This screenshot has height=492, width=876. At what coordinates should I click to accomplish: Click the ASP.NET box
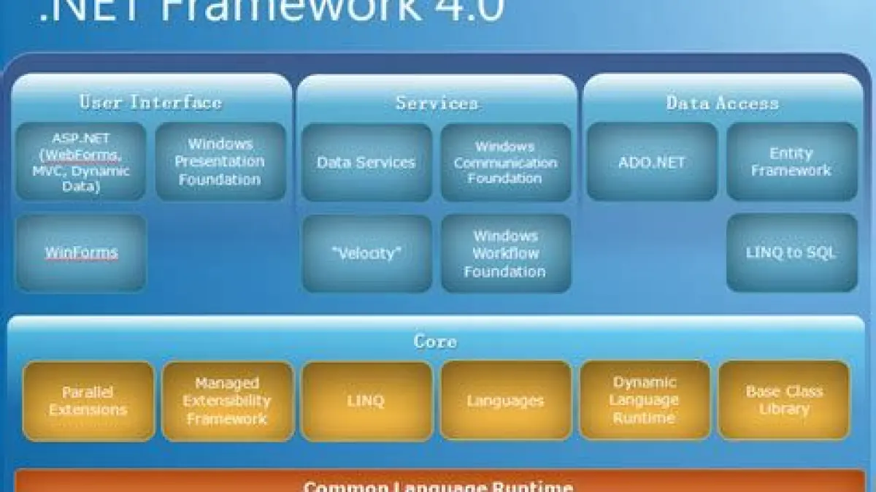click(x=80, y=161)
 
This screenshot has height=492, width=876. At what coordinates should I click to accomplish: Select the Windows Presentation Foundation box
click(x=220, y=161)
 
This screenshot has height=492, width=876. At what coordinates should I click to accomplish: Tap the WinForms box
click(x=80, y=253)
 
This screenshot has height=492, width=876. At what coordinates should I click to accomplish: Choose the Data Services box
click(x=366, y=162)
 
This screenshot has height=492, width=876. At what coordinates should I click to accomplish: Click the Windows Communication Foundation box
click(x=505, y=162)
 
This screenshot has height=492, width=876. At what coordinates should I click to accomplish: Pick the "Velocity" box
click(x=366, y=253)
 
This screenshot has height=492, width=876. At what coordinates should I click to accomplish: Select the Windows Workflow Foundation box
click(x=505, y=253)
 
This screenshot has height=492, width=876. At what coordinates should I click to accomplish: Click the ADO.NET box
click(x=642, y=161)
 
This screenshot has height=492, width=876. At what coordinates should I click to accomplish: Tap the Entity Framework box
click(x=791, y=161)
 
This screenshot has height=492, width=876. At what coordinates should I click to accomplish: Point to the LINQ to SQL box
click(x=791, y=253)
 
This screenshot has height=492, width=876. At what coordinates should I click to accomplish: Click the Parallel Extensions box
click(x=88, y=401)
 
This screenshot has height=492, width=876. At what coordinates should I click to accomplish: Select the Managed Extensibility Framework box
click(x=227, y=401)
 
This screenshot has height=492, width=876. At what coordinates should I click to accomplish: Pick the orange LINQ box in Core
click(x=366, y=401)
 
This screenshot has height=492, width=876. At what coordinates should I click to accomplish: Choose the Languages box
click(x=505, y=401)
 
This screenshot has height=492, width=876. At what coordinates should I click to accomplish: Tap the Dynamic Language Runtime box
click(x=644, y=400)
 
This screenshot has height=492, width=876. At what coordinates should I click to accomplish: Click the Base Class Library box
click(x=784, y=400)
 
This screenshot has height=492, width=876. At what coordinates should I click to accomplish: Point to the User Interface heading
click(x=150, y=102)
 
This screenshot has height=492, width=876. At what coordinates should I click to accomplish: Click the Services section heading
click(x=437, y=103)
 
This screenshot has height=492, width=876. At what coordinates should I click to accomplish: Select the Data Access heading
click(x=722, y=103)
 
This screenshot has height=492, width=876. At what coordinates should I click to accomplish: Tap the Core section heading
click(x=436, y=341)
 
